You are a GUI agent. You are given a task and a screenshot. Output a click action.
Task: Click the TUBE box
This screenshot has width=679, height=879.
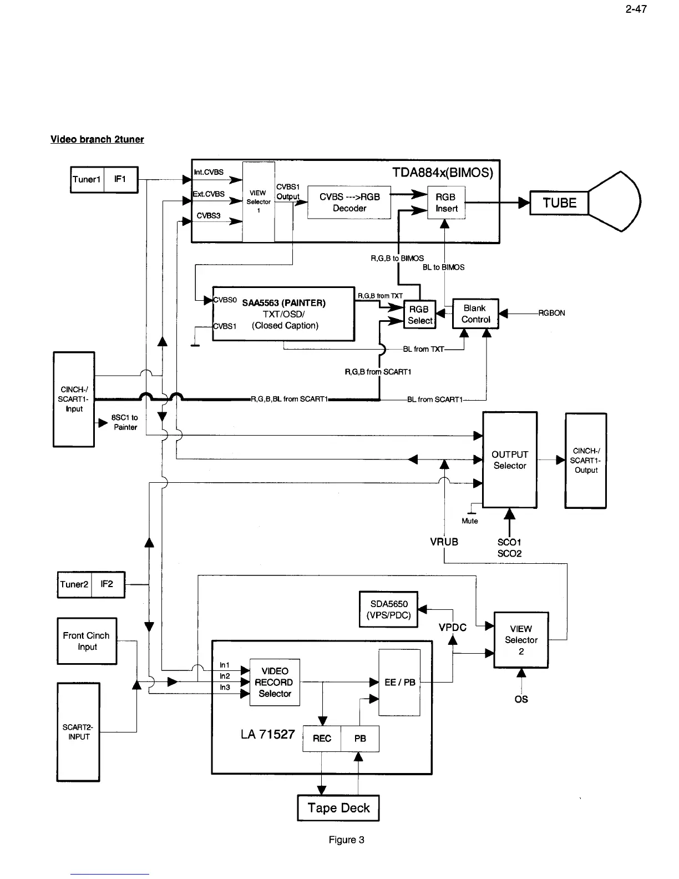coord(559,203)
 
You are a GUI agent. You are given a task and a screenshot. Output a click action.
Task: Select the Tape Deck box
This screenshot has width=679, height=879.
coord(338,807)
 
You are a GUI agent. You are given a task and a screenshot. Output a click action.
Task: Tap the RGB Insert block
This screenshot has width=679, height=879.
coord(446,203)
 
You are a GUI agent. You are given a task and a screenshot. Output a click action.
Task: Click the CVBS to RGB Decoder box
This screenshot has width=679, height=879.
coord(349,203)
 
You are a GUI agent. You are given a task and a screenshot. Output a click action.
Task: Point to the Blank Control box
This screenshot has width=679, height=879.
coord(475,314)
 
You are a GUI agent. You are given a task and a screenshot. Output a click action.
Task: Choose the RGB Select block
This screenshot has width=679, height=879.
coord(420,315)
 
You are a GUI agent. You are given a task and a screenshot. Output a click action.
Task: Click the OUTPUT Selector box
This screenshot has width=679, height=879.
coord(510,459)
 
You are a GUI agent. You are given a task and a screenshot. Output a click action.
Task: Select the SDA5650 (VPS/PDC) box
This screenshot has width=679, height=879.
coord(388,609)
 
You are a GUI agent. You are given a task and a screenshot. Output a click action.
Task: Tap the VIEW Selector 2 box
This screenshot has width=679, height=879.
coord(521,640)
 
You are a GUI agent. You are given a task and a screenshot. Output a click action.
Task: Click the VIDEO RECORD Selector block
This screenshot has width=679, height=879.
coord(275,682)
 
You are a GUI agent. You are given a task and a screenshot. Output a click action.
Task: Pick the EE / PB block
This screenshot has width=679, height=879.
coord(399,682)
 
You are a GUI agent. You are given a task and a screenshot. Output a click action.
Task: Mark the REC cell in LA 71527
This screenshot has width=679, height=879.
coord(322,739)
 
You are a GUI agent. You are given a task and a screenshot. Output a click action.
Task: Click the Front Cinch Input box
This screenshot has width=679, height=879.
coord(87,641)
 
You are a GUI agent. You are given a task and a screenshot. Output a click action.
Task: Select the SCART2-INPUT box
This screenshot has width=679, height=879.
coord(78,732)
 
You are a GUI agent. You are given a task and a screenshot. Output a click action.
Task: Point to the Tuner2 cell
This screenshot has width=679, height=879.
coord(74,584)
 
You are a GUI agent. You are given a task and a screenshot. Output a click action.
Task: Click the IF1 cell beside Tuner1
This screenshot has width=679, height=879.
coord(120,179)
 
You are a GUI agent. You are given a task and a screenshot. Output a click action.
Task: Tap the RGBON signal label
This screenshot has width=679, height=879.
coord(551,313)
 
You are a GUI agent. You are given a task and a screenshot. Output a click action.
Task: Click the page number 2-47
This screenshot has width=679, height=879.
coord(636,9)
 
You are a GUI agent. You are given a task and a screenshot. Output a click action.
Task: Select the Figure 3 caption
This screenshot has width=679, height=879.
coord(346,840)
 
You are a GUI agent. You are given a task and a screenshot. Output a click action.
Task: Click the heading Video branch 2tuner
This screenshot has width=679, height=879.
coord(97,139)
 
